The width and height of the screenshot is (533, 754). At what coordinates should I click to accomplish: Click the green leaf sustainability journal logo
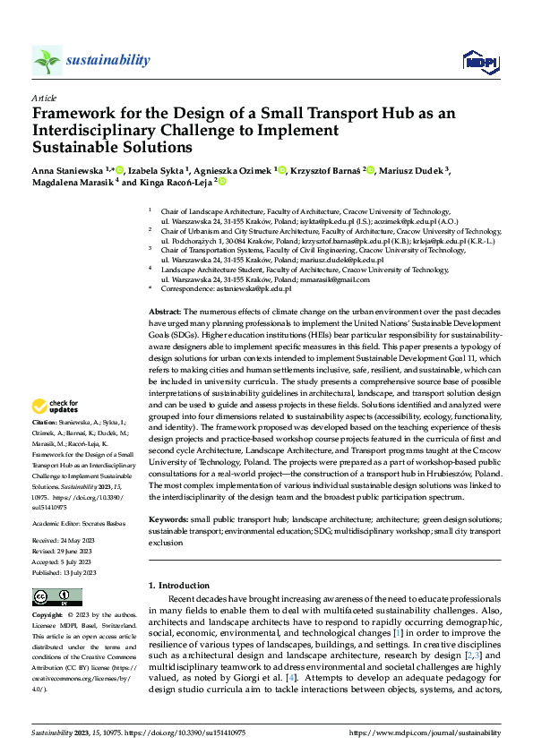47,61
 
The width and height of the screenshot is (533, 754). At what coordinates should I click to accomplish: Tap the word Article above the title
44,98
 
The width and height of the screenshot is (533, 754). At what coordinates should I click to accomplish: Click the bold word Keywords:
168,518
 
